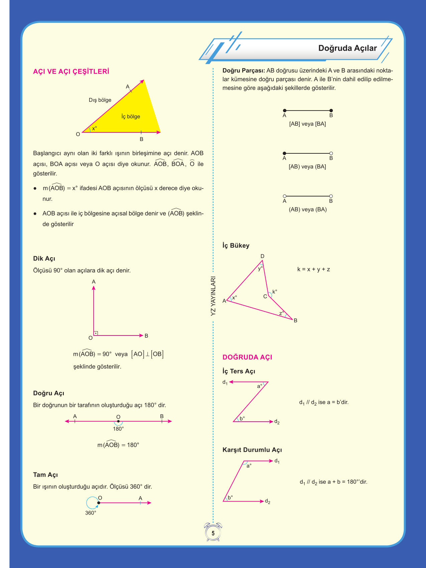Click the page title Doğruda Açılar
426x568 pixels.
click(347, 48)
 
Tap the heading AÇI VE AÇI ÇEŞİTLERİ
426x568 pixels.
click(71, 72)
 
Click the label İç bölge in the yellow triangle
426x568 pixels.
click(131, 117)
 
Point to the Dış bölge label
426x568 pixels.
click(100, 100)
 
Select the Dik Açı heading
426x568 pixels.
click(44, 259)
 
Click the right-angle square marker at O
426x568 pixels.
click(96, 333)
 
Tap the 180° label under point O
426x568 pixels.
click(118, 429)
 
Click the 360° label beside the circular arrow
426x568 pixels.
click(91, 513)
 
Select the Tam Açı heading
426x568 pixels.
click(45, 475)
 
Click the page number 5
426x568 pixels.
click(213, 533)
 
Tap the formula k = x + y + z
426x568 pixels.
click(313, 269)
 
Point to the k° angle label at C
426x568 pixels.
click(275, 292)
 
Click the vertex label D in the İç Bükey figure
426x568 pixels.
click(262, 256)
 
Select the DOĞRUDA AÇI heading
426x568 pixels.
click(247, 357)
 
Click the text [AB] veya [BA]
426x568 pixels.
click(307, 124)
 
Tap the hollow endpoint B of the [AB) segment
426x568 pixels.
click(331, 153)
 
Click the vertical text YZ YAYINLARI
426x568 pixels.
click(213, 296)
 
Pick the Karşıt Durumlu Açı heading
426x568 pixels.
click(252, 450)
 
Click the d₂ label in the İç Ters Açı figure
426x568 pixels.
click(277, 422)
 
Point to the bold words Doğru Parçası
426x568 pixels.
click(244, 71)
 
